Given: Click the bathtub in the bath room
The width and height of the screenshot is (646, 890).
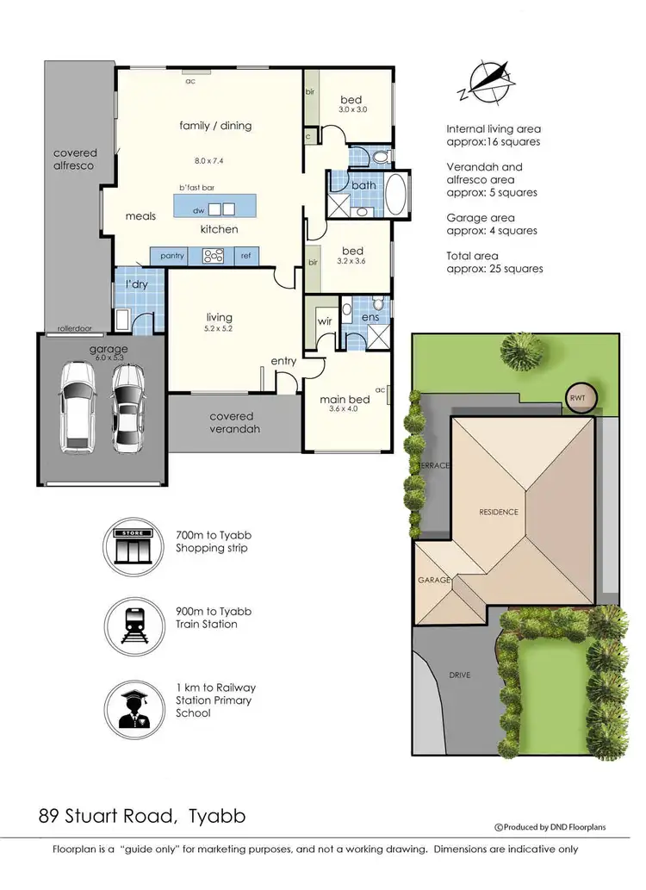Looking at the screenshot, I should (x=395, y=196).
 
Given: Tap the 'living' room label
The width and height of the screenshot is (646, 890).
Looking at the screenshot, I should (x=219, y=317).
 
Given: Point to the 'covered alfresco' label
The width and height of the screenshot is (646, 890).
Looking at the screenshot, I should (x=75, y=159).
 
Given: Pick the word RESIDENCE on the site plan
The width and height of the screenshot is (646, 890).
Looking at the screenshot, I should (x=499, y=512).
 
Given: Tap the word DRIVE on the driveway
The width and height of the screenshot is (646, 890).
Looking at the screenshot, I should (x=459, y=675).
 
